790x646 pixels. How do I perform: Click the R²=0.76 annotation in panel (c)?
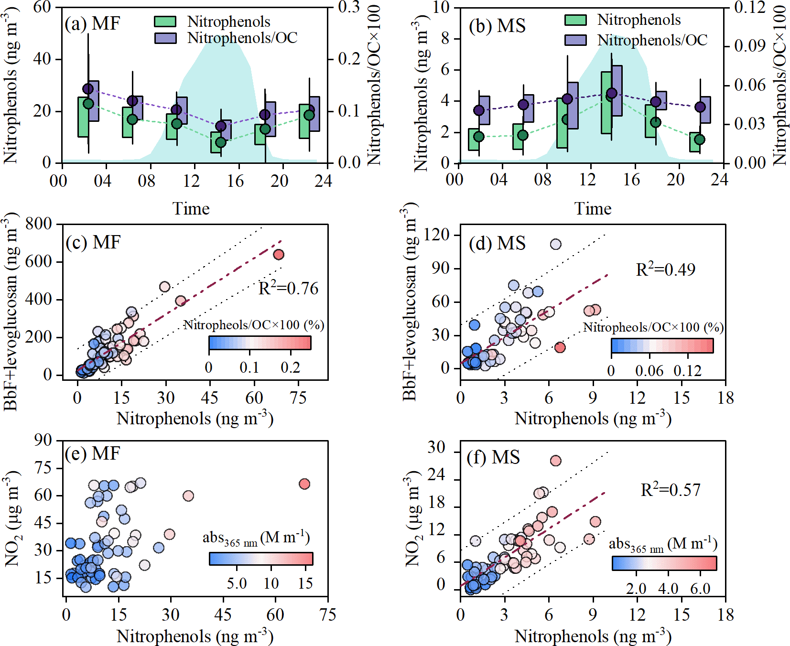point(288,288)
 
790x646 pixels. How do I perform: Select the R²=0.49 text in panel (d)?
point(665,269)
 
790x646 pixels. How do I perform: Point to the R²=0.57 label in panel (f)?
point(670,490)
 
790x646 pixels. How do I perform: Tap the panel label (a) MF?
point(92,23)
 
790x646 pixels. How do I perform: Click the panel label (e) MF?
point(92,453)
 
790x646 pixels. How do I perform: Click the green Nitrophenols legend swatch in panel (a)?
point(165,22)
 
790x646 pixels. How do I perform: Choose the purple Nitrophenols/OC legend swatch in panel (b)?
point(575,40)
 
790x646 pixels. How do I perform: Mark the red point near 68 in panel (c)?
point(279,254)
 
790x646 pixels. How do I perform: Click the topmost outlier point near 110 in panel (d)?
point(555,244)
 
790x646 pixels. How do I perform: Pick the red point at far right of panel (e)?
point(304,484)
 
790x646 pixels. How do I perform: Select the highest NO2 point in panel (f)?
point(555,461)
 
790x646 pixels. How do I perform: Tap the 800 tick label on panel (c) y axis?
point(38,224)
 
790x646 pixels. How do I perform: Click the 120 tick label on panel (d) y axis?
point(439,235)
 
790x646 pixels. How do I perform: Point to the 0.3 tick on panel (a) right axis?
point(348,7)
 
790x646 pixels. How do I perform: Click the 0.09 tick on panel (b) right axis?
point(749,46)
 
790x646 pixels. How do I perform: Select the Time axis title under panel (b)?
point(593,209)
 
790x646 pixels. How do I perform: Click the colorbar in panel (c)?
point(260,343)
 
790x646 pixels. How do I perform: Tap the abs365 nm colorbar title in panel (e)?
point(256,538)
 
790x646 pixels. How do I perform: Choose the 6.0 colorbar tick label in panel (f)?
point(700,589)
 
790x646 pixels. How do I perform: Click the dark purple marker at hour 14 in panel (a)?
point(221,126)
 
